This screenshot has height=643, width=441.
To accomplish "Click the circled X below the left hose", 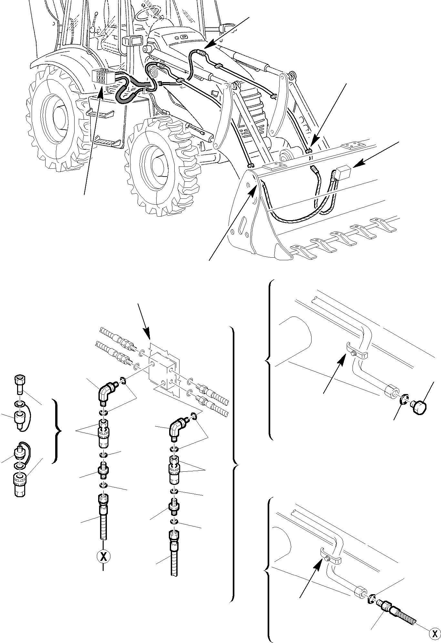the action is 103,556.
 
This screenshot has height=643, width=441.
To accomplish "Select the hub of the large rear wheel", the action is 57,116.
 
